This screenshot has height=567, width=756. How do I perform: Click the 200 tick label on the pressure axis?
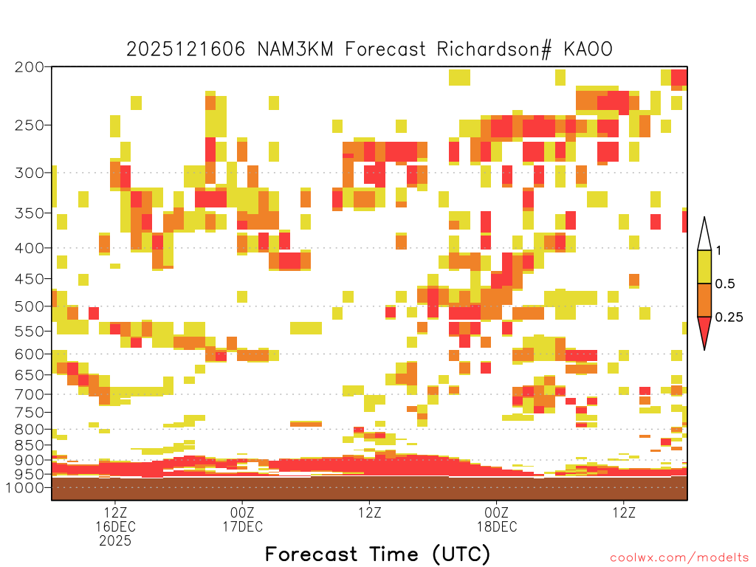30,67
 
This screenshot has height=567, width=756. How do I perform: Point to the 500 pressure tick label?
30,306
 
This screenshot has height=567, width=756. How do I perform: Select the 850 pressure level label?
30,445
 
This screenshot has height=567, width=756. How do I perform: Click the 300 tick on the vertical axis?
30,173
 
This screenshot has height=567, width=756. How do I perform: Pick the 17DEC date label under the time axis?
242,526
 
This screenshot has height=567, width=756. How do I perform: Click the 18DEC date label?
497,526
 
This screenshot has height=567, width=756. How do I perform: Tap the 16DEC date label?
115,526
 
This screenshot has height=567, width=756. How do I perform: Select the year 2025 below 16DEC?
115,541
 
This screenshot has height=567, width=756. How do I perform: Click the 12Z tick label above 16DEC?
115,512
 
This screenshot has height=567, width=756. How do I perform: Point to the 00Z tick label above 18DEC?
497,512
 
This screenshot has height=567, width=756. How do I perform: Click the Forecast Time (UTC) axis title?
377,554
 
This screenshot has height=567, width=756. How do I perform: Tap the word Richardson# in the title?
494,49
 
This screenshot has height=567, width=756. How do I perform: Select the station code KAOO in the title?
588,49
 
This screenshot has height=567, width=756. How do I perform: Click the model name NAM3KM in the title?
295,49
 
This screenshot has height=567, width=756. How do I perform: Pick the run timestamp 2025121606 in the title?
186,49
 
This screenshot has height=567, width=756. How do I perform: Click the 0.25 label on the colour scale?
729,317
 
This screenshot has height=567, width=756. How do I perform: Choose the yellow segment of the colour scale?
704,267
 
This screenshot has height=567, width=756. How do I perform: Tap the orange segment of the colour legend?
704,300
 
